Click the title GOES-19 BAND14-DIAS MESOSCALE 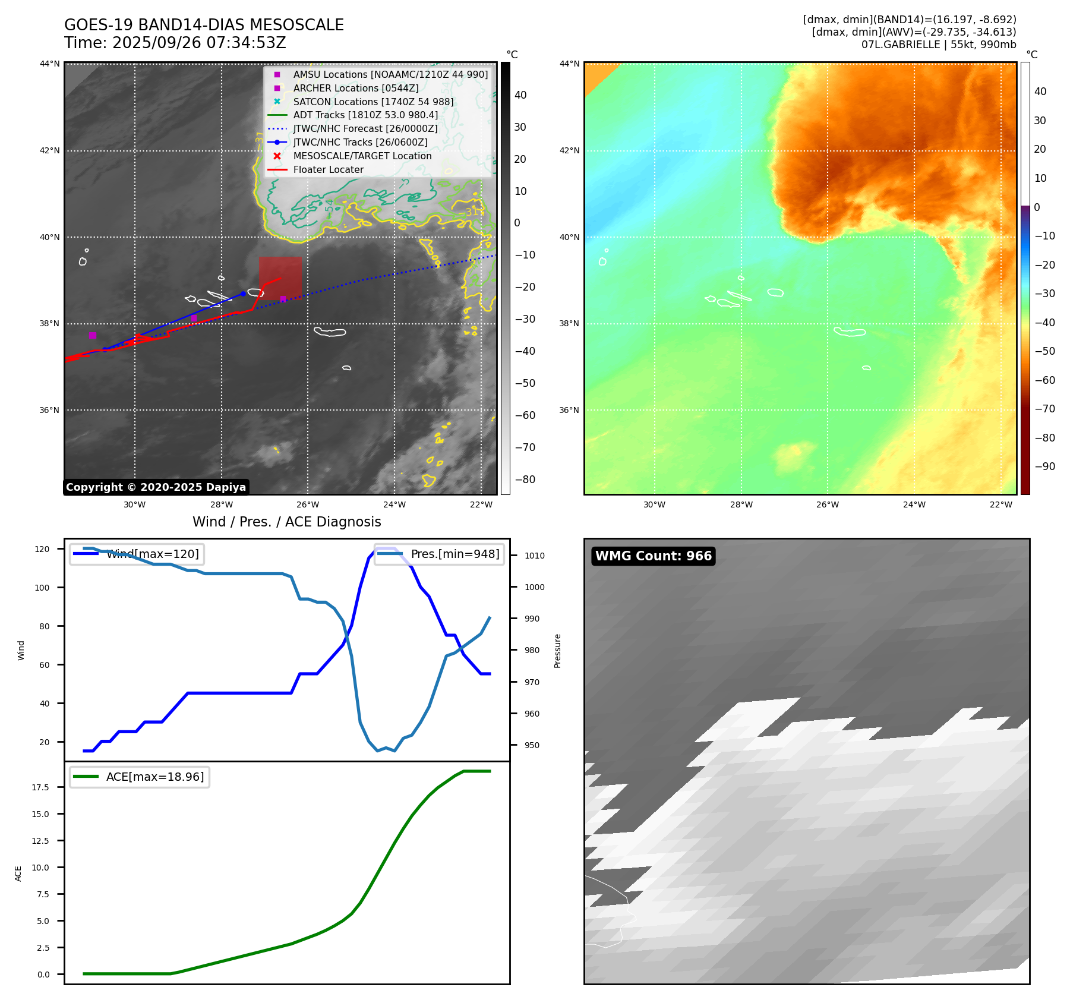[x=204, y=25]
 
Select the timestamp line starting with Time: [x=175, y=43]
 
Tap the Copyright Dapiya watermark [x=156, y=487]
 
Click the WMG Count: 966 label [x=653, y=556]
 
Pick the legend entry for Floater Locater [x=328, y=170]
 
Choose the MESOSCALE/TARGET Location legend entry [x=362, y=156]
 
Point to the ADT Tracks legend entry [x=365, y=115]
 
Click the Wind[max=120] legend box [x=137, y=554]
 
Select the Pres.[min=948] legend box [x=439, y=554]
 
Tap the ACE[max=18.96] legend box [x=140, y=777]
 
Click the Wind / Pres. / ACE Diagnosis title [x=286, y=522]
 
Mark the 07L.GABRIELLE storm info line [x=938, y=45]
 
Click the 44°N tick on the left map [x=50, y=64]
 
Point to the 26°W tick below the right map [x=827, y=505]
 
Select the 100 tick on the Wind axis [x=42, y=588]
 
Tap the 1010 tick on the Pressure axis [x=534, y=556]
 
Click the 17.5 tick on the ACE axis [x=40, y=787]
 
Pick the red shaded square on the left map [x=280, y=277]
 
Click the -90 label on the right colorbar [x=1044, y=466]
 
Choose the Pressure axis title [x=558, y=651]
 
